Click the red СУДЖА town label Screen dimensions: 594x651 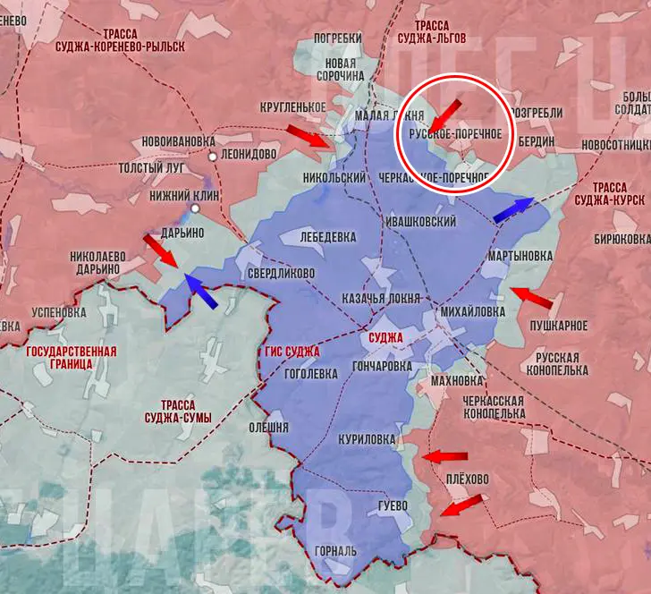click(385, 338)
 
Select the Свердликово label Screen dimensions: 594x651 click(281, 273)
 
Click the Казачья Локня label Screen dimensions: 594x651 click(381, 297)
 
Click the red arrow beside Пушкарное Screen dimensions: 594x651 click(531, 295)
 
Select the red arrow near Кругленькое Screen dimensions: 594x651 click(307, 135)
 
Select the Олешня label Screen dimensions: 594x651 click(268, 426)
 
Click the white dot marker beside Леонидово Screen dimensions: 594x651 click(212, 156)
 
